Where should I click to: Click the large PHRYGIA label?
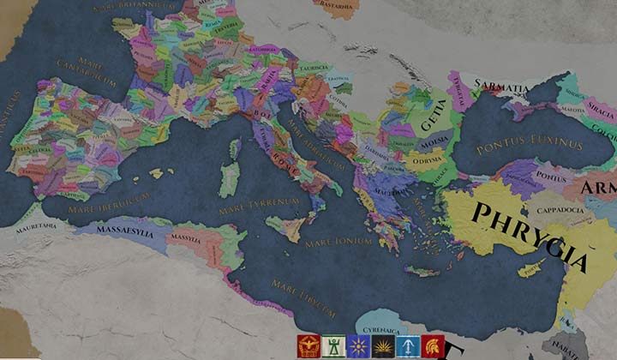[531, 235]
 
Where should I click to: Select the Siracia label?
[599, 111]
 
